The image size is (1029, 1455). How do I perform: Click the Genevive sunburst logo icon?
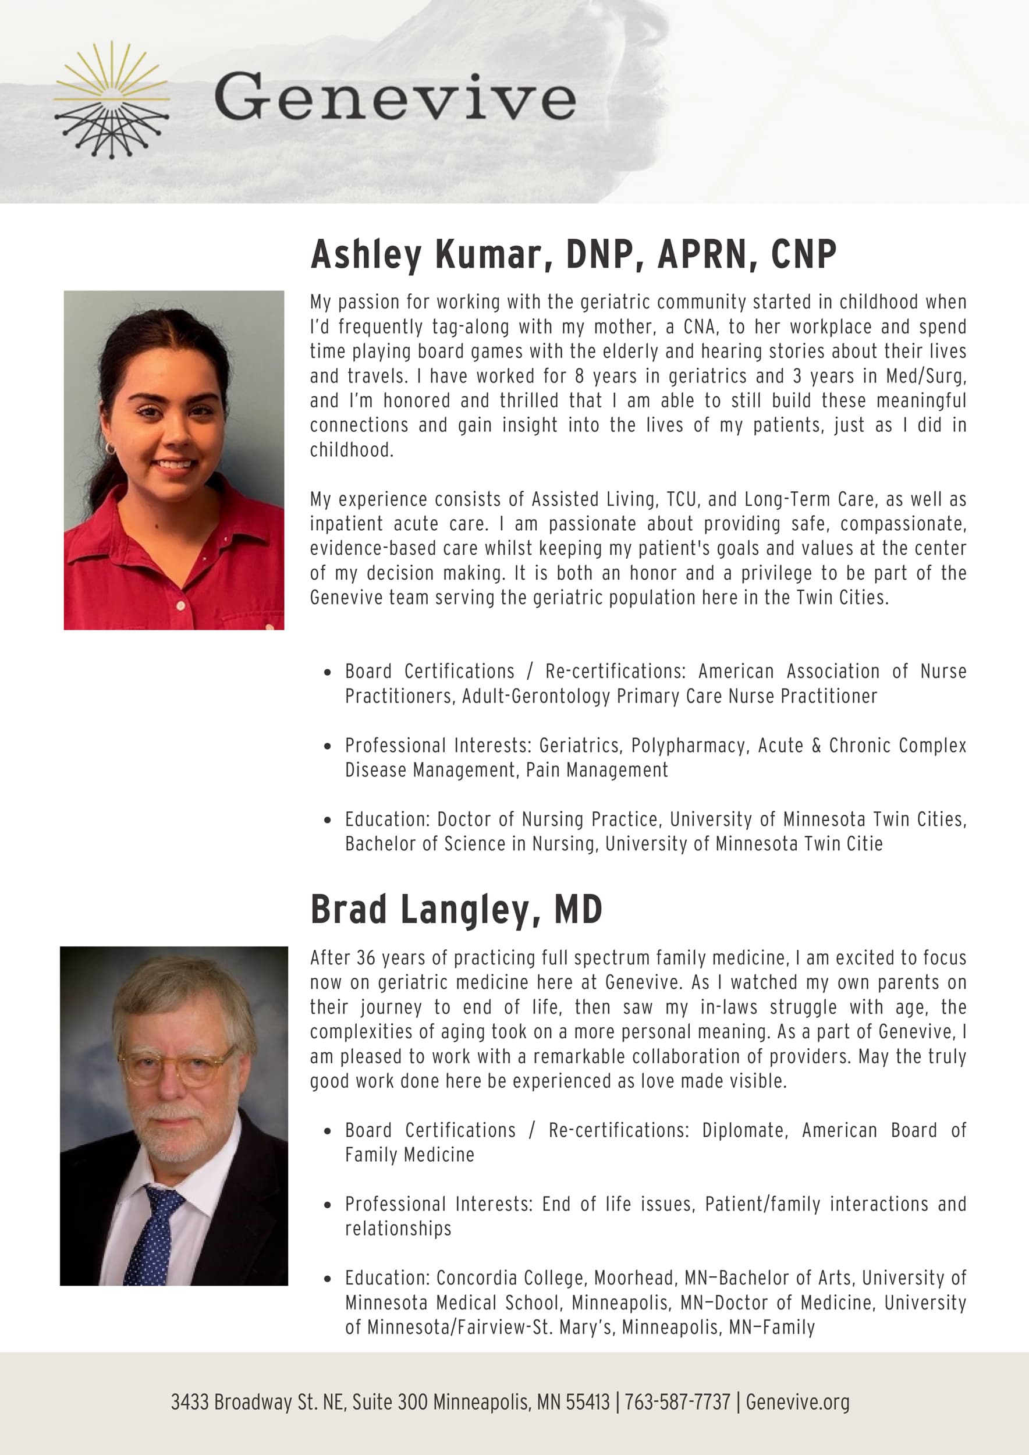(x=112, y=100)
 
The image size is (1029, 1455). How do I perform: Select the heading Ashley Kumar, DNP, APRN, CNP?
(x=573, y=254)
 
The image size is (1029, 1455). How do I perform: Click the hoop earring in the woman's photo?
(x=110, y=449)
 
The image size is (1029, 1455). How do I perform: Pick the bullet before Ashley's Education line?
(x=327, y=820)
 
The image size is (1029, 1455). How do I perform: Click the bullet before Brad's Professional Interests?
(x=327, y=1205)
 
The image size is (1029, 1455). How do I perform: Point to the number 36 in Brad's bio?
(x=367, y=957)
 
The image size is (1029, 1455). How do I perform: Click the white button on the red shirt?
(x=180, y=606)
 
